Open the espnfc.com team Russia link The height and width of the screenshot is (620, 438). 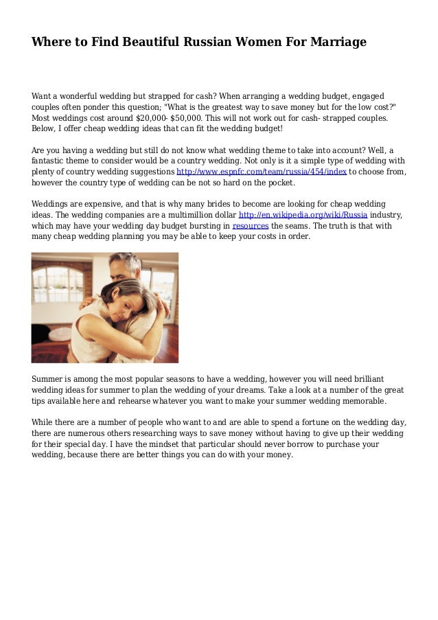tap(262, 172)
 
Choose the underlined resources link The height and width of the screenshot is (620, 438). tap(251, 225)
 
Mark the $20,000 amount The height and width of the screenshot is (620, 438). tap(137, 118)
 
